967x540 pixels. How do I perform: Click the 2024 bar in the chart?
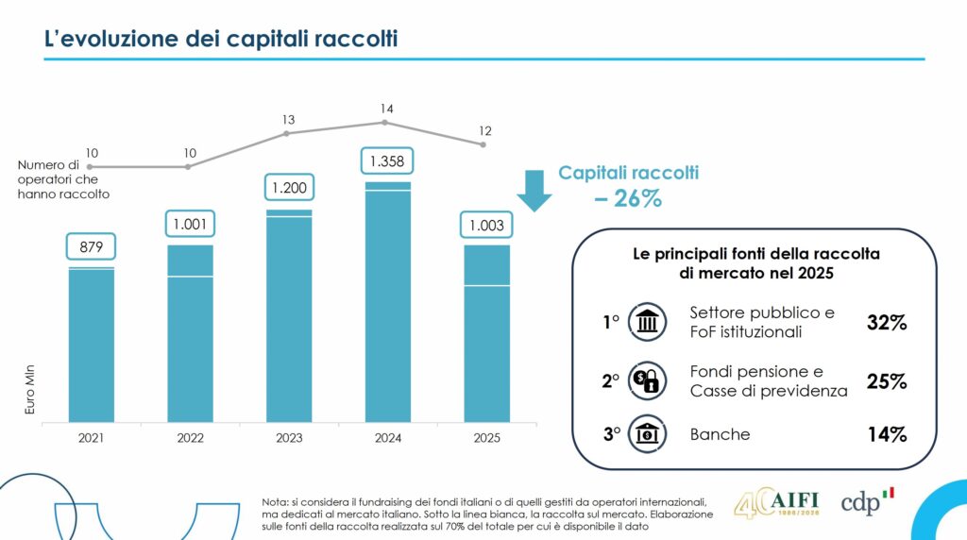[388, 302]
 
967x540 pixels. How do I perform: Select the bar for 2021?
[92, 345]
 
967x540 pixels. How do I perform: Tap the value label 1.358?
[388, 162]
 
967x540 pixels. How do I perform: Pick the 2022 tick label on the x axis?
[190, 438]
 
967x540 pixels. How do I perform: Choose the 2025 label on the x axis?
[487, 438]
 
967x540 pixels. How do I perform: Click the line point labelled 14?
[385, 123]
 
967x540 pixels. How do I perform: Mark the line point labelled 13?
[286, 133]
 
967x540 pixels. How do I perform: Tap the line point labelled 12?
[483, 144]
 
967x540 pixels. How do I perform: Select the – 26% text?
[628, 199]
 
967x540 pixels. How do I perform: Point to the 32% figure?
[887, 323]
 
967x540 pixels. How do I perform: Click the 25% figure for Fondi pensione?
[887, 381]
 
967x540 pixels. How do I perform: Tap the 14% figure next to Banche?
[887, 435]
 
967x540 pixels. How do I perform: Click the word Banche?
[720, 434]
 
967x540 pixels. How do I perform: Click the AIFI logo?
[777, 501]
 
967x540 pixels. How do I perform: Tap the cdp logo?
[867, 501]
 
